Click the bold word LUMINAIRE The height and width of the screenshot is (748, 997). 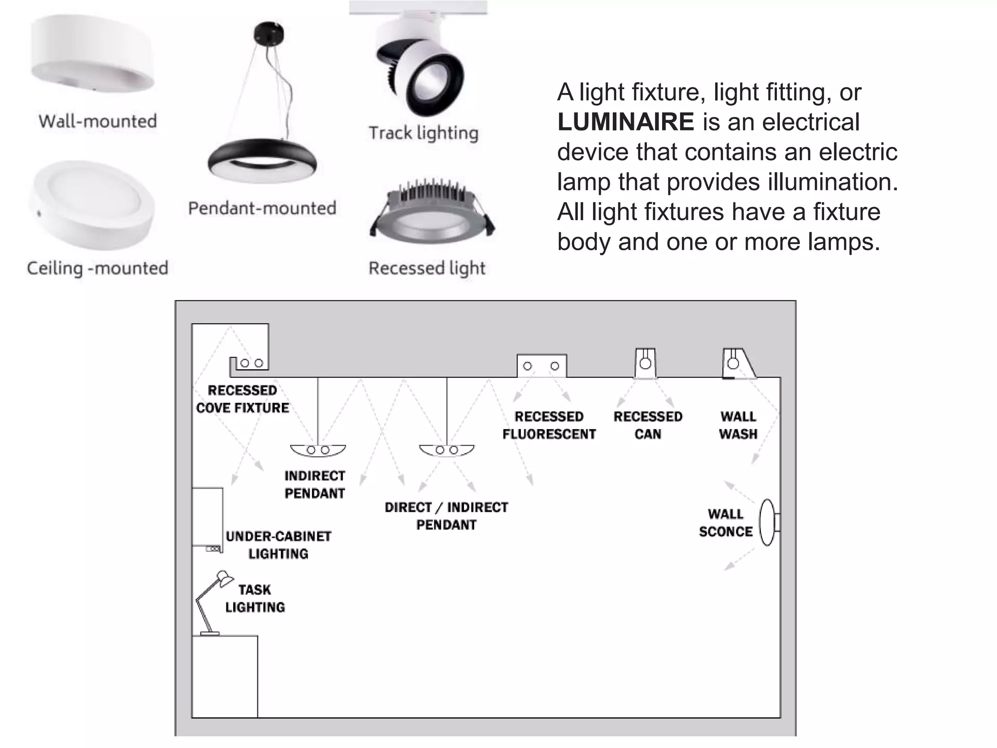pyautogui.click(x=626, y=122)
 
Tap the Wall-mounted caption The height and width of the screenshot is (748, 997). pyautogui.click(x=98, y=121)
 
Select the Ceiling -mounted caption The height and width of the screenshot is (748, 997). pyautogui.click(x=97, y=268)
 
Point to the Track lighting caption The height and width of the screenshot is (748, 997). pyautogui.click(x=424, y=133)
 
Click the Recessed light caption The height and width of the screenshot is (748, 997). pyautogui.click(x=427, y=268)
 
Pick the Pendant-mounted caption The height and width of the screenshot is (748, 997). pyautogui.click(x=262, y=208)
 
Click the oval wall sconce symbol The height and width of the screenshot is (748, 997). pyautogui.click(x=767, y=523)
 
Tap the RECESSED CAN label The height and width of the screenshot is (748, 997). pyautogui.click(x=648, y=425)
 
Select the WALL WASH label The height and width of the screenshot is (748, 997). pyautogui.click(x=738, y=425)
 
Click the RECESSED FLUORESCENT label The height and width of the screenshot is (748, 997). pyautogui.click(x=549, y=425)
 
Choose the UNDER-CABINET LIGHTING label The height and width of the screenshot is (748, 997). pyautogui.click(x=278, y=545)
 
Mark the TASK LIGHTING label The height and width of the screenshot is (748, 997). pyautogui.click(x=255, y=598)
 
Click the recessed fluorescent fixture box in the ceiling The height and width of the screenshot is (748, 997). pyautogui.click(x=541, y=366)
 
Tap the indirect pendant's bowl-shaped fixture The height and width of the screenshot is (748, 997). pyautogui.click(x=318, y=450)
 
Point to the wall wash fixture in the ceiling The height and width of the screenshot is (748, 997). pyautogui.click(x=737, y=363)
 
